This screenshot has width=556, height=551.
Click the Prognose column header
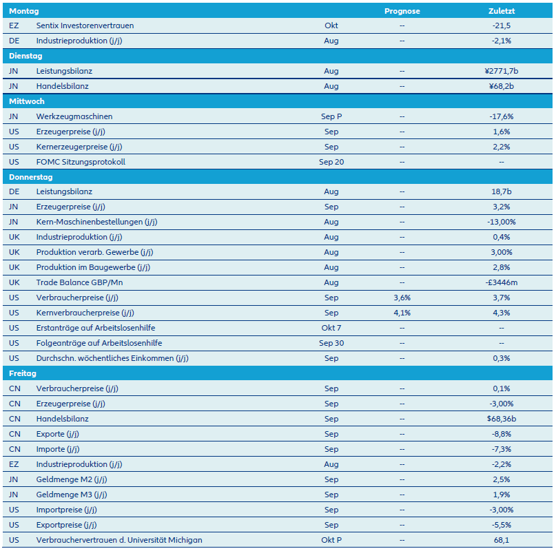(x=402, y=11)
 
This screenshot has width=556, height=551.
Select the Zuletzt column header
(x=501, y=11)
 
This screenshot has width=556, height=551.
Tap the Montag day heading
(x=23, y=11)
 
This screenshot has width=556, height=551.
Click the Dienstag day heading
(x=25, y=56)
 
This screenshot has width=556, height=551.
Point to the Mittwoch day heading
(x=27, y=101)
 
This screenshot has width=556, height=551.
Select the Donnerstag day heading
(x=31, y=177)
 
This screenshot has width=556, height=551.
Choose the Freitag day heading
(x=23, y=373)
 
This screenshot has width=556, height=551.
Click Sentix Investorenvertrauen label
(x=85, y=25)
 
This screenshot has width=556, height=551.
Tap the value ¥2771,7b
(x=501, y=71)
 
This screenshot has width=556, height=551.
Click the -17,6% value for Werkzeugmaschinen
(x=501, y=116)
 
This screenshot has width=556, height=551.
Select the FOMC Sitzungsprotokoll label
(x=81, y=162)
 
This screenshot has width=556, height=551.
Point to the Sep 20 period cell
(x=331, y=162)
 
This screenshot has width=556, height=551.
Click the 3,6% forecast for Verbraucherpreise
(x=402, y=298)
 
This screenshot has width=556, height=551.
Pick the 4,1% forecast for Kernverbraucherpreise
(x=402, y=313)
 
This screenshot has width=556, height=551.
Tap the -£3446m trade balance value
(x=501, y=282)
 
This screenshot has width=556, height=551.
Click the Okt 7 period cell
(x=331, y=328)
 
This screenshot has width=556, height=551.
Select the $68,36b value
(x=501, y=419)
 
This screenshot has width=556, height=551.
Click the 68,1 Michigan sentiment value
(x=501, y=540)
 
